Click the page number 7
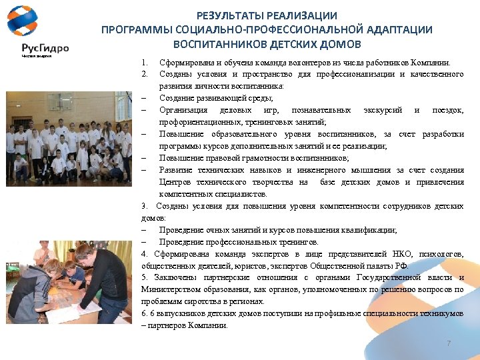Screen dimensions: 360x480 coord(449,343)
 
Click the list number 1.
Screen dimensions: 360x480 coord(144,63)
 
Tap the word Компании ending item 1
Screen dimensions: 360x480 coord(432,63)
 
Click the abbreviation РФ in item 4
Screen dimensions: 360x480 coord(397,266)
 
